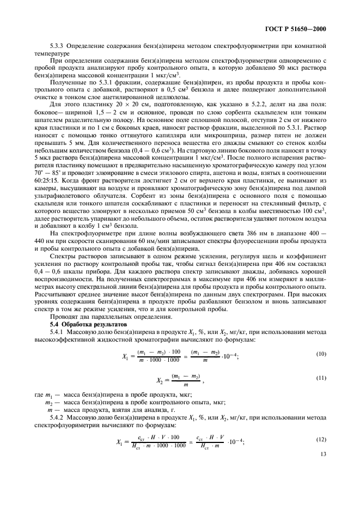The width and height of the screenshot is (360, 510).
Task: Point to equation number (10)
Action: click(x=321, y=354)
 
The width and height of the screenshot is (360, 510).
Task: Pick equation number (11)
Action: click(x=321, y=377)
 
